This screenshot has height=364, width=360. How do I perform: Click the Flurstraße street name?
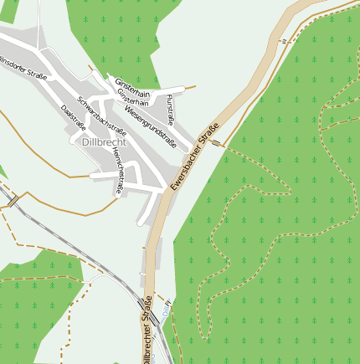pyautogui.click(x=171, y=110)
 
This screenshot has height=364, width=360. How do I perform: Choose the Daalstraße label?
pyautogui.click(x=74, y=116)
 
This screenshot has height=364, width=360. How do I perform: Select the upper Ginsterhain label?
pyautogui.click(x=133, y=88)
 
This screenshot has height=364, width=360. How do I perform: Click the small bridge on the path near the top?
pyautogui.click(x=283, y=39)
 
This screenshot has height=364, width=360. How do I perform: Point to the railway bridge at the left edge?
pyautogui.click(x=14, y=200)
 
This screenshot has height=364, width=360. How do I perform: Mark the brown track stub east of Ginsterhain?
pyautogui.click(x=189, y=86)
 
